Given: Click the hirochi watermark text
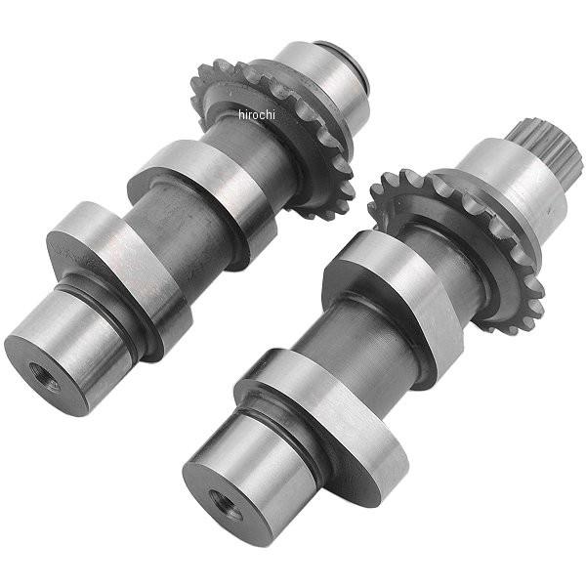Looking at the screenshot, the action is pos(257,114).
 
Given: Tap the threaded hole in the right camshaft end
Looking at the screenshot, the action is pos(225,504).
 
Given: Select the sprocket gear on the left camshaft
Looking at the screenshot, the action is pos(272,139).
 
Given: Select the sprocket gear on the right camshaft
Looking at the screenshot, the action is pos(457,251).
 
